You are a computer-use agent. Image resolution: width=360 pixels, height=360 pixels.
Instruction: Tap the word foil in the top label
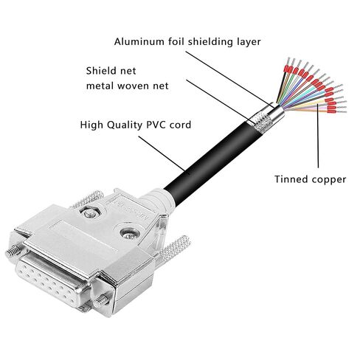(176, 41)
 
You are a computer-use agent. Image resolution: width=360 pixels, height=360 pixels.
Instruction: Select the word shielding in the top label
(210, 42)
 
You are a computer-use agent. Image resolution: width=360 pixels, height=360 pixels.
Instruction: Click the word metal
(100, 86)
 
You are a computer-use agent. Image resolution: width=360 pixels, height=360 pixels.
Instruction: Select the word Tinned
(291, 179)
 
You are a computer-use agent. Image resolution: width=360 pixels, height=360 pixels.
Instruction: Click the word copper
(328, 180)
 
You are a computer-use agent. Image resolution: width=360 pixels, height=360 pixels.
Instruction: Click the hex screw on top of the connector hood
(89, 212)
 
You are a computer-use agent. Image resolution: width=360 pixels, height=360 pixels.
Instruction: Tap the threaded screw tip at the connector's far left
(13, 252)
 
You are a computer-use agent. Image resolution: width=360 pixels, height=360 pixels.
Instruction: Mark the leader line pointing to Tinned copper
(318, 136)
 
